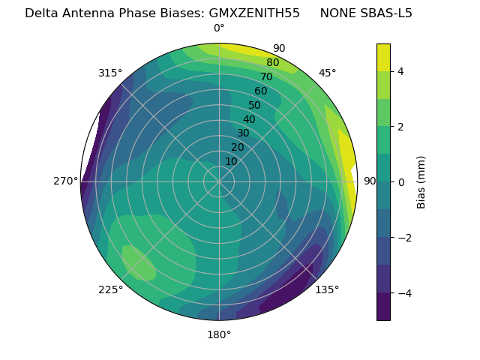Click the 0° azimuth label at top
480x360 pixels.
pos(219,28)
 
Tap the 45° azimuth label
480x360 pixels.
pos(327,73)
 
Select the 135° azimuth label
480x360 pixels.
pos(327,289)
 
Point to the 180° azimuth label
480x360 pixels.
pos(219,334)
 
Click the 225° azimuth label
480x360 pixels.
pos(110,289)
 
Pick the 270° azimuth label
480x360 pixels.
pos(66,181)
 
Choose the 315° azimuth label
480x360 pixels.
pos(110,73)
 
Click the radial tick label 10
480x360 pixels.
pos(231,161)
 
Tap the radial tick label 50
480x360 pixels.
pos(254,105)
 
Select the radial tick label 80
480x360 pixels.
pos(272,62)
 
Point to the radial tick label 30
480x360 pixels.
pos(243,133)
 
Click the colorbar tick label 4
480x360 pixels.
pos(401,71)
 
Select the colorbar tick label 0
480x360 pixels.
pos(401,182)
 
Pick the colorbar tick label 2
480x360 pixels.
pos(401,127)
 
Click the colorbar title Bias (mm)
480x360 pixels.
pos(421,181)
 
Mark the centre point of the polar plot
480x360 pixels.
pos(219,181)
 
